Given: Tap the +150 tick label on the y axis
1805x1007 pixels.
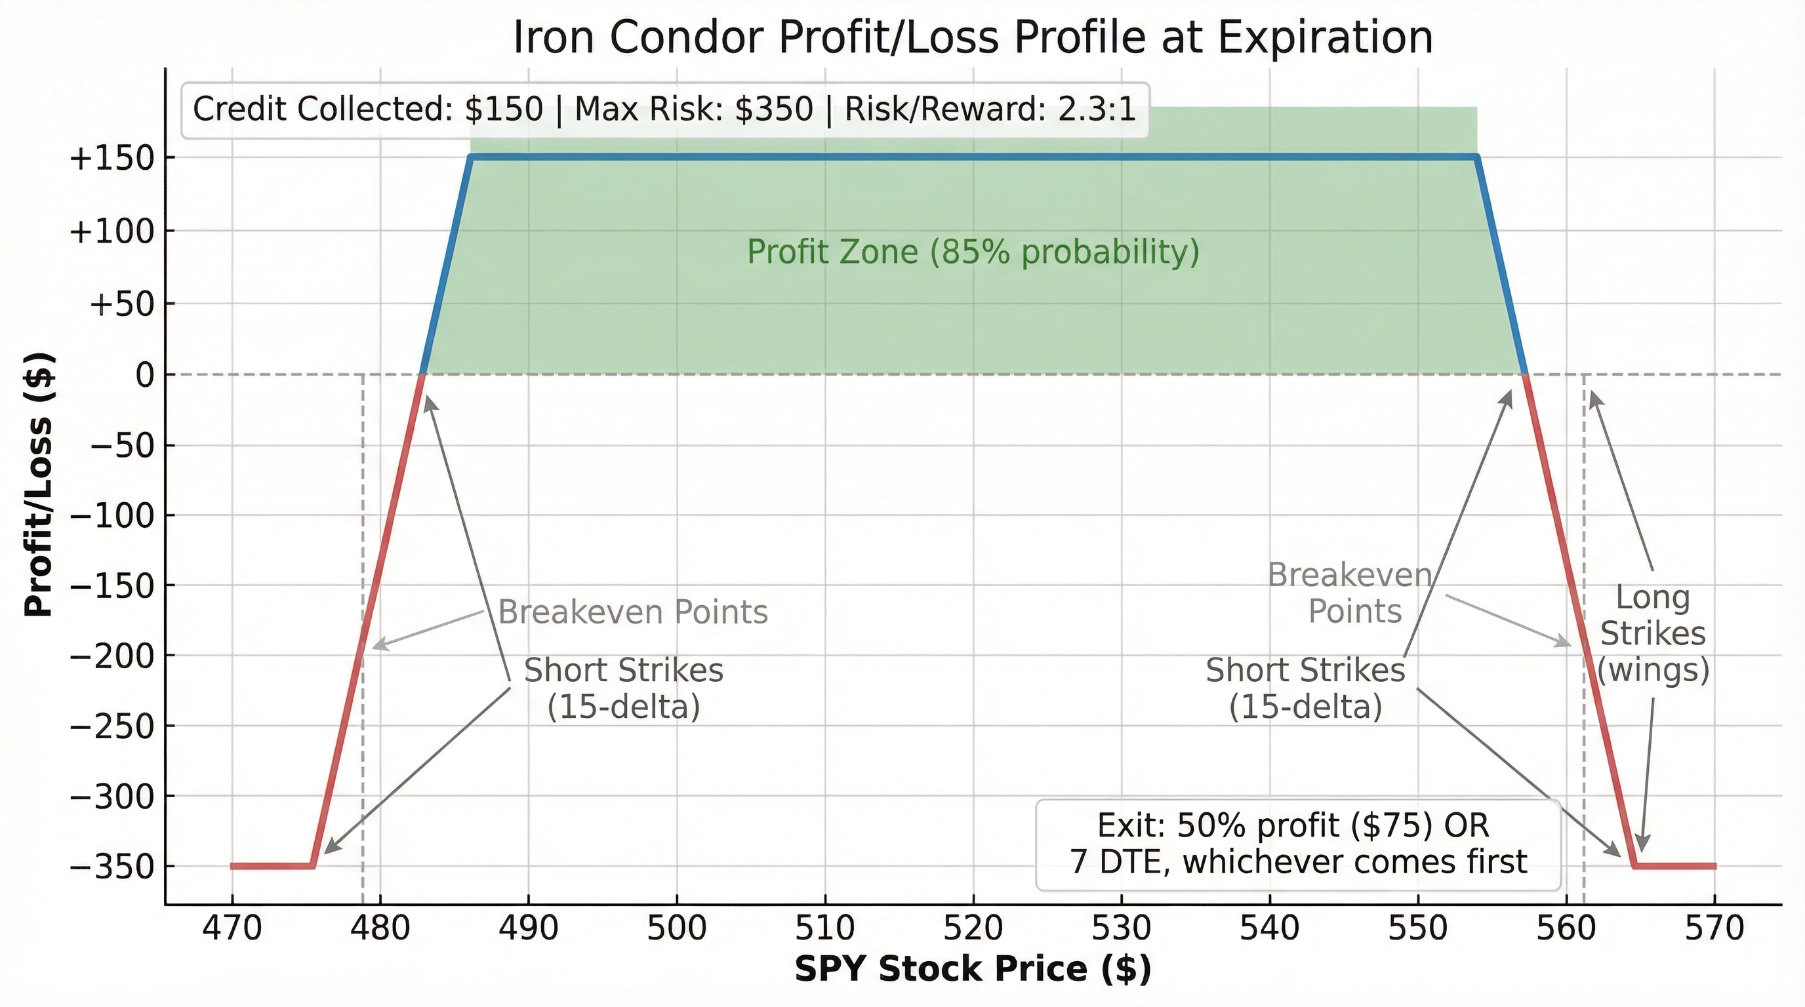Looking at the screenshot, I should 112,158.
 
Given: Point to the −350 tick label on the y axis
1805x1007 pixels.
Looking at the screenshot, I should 112,867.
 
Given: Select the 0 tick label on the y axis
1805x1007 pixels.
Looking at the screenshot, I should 144,376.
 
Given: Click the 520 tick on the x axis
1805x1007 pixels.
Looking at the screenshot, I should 973,928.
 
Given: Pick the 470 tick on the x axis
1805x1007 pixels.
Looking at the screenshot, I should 232,928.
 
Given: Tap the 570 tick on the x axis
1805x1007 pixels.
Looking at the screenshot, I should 1714,928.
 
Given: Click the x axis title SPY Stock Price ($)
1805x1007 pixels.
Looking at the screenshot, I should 973,969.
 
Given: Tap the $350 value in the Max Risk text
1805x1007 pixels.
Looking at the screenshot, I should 773,110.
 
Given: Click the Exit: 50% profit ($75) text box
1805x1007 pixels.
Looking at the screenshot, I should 1298,844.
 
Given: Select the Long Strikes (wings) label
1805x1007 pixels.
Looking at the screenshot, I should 1653,634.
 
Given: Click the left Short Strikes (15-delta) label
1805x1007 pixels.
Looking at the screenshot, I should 623,688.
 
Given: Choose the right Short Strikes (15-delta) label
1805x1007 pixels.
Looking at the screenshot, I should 1305,688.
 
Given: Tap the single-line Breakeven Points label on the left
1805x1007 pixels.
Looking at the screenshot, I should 632,613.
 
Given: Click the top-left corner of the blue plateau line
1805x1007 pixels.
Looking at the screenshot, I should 472,157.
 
